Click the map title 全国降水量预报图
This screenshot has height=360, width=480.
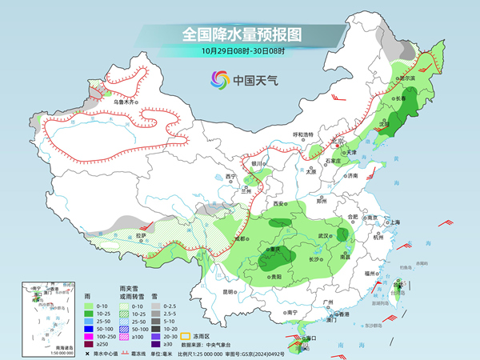239,34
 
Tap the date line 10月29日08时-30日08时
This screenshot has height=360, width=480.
239,50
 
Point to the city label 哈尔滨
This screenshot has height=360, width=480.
407,79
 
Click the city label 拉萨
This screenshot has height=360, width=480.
141,235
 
